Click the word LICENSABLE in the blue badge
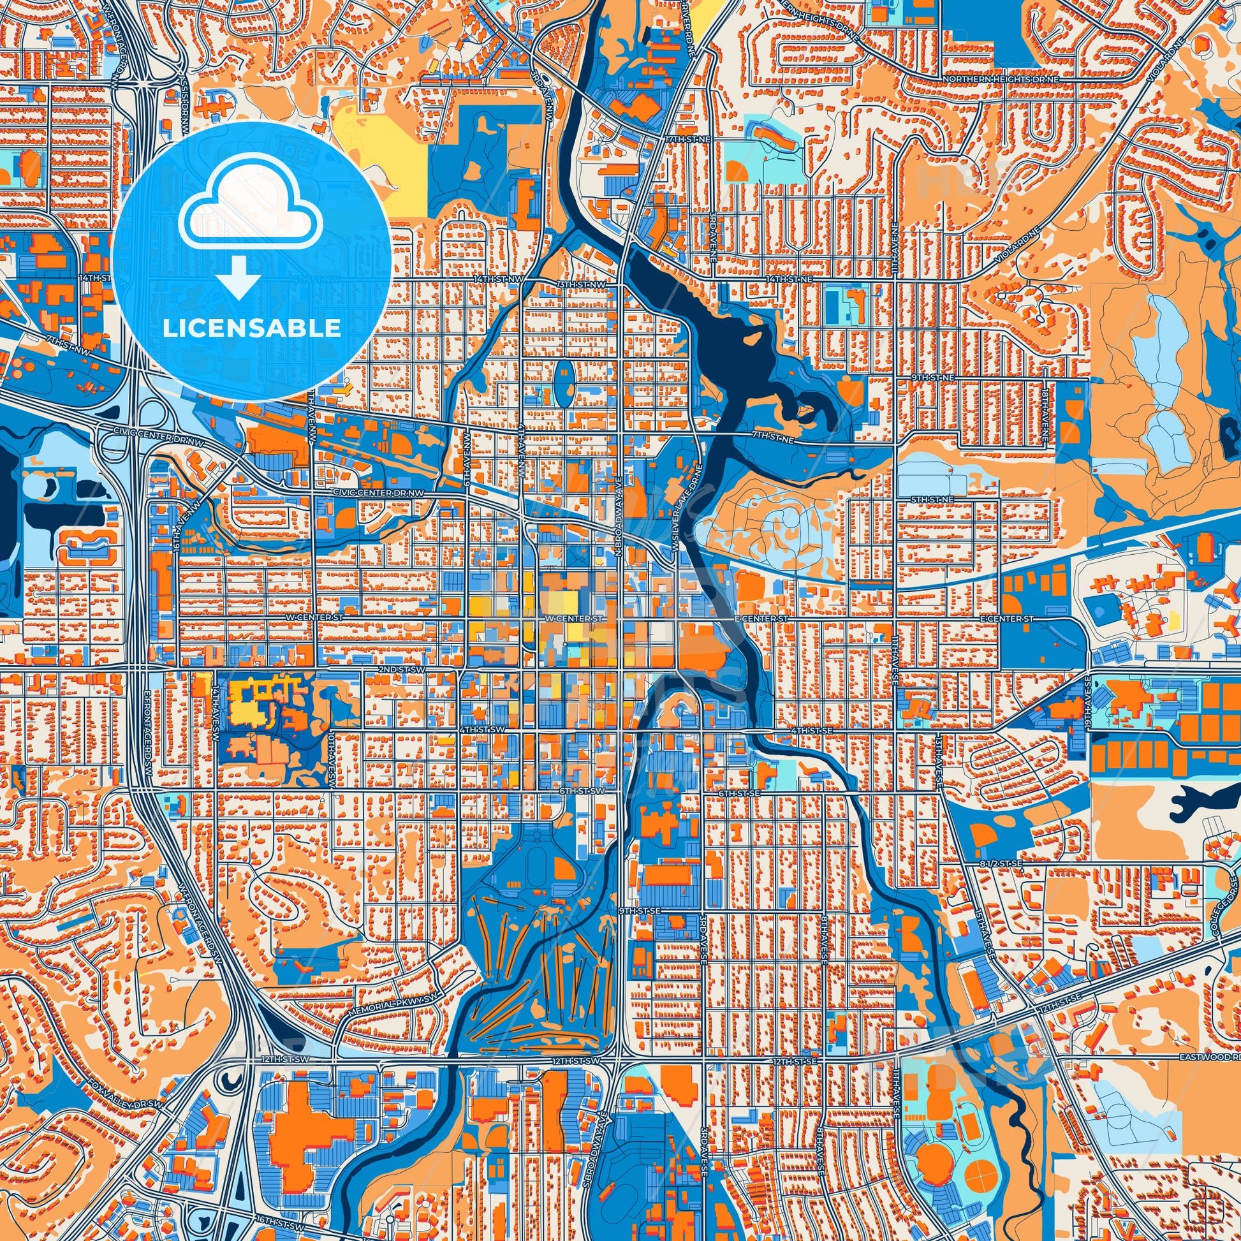point(251,328)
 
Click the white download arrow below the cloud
point(238,277)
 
